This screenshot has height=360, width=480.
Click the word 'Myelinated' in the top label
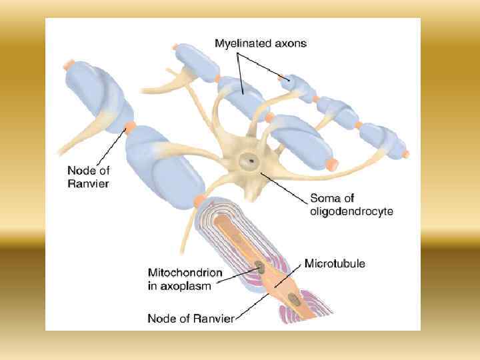point(241,44)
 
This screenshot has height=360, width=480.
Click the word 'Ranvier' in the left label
point(88,183)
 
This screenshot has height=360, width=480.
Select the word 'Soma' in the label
point(325,199)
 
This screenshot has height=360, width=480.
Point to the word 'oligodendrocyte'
point(352,212)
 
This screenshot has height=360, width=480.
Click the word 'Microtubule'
point(335,263)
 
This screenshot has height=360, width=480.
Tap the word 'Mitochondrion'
point(181,273)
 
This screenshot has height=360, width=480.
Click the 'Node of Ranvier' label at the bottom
point(191,319)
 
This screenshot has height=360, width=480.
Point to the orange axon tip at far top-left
point(69,65)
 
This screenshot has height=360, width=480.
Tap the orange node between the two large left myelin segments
point(129,126)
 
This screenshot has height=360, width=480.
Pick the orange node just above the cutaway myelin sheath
point(199,201)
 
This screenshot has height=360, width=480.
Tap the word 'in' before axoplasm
point(152,287)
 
